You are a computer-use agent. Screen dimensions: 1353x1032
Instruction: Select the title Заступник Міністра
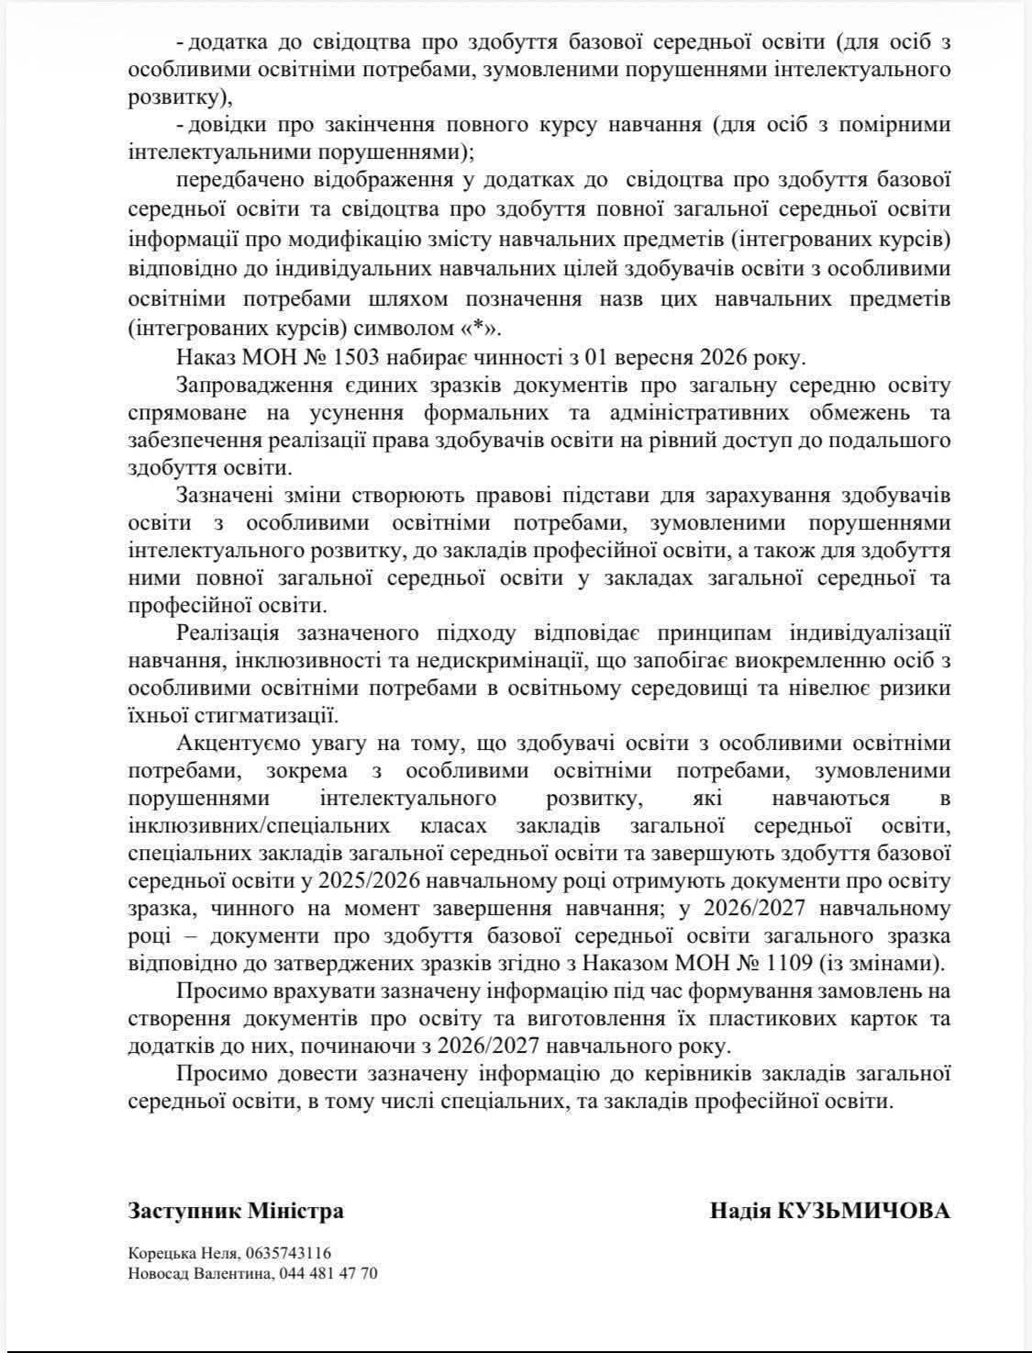236,1211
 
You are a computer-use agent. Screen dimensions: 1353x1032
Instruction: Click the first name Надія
738,1211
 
